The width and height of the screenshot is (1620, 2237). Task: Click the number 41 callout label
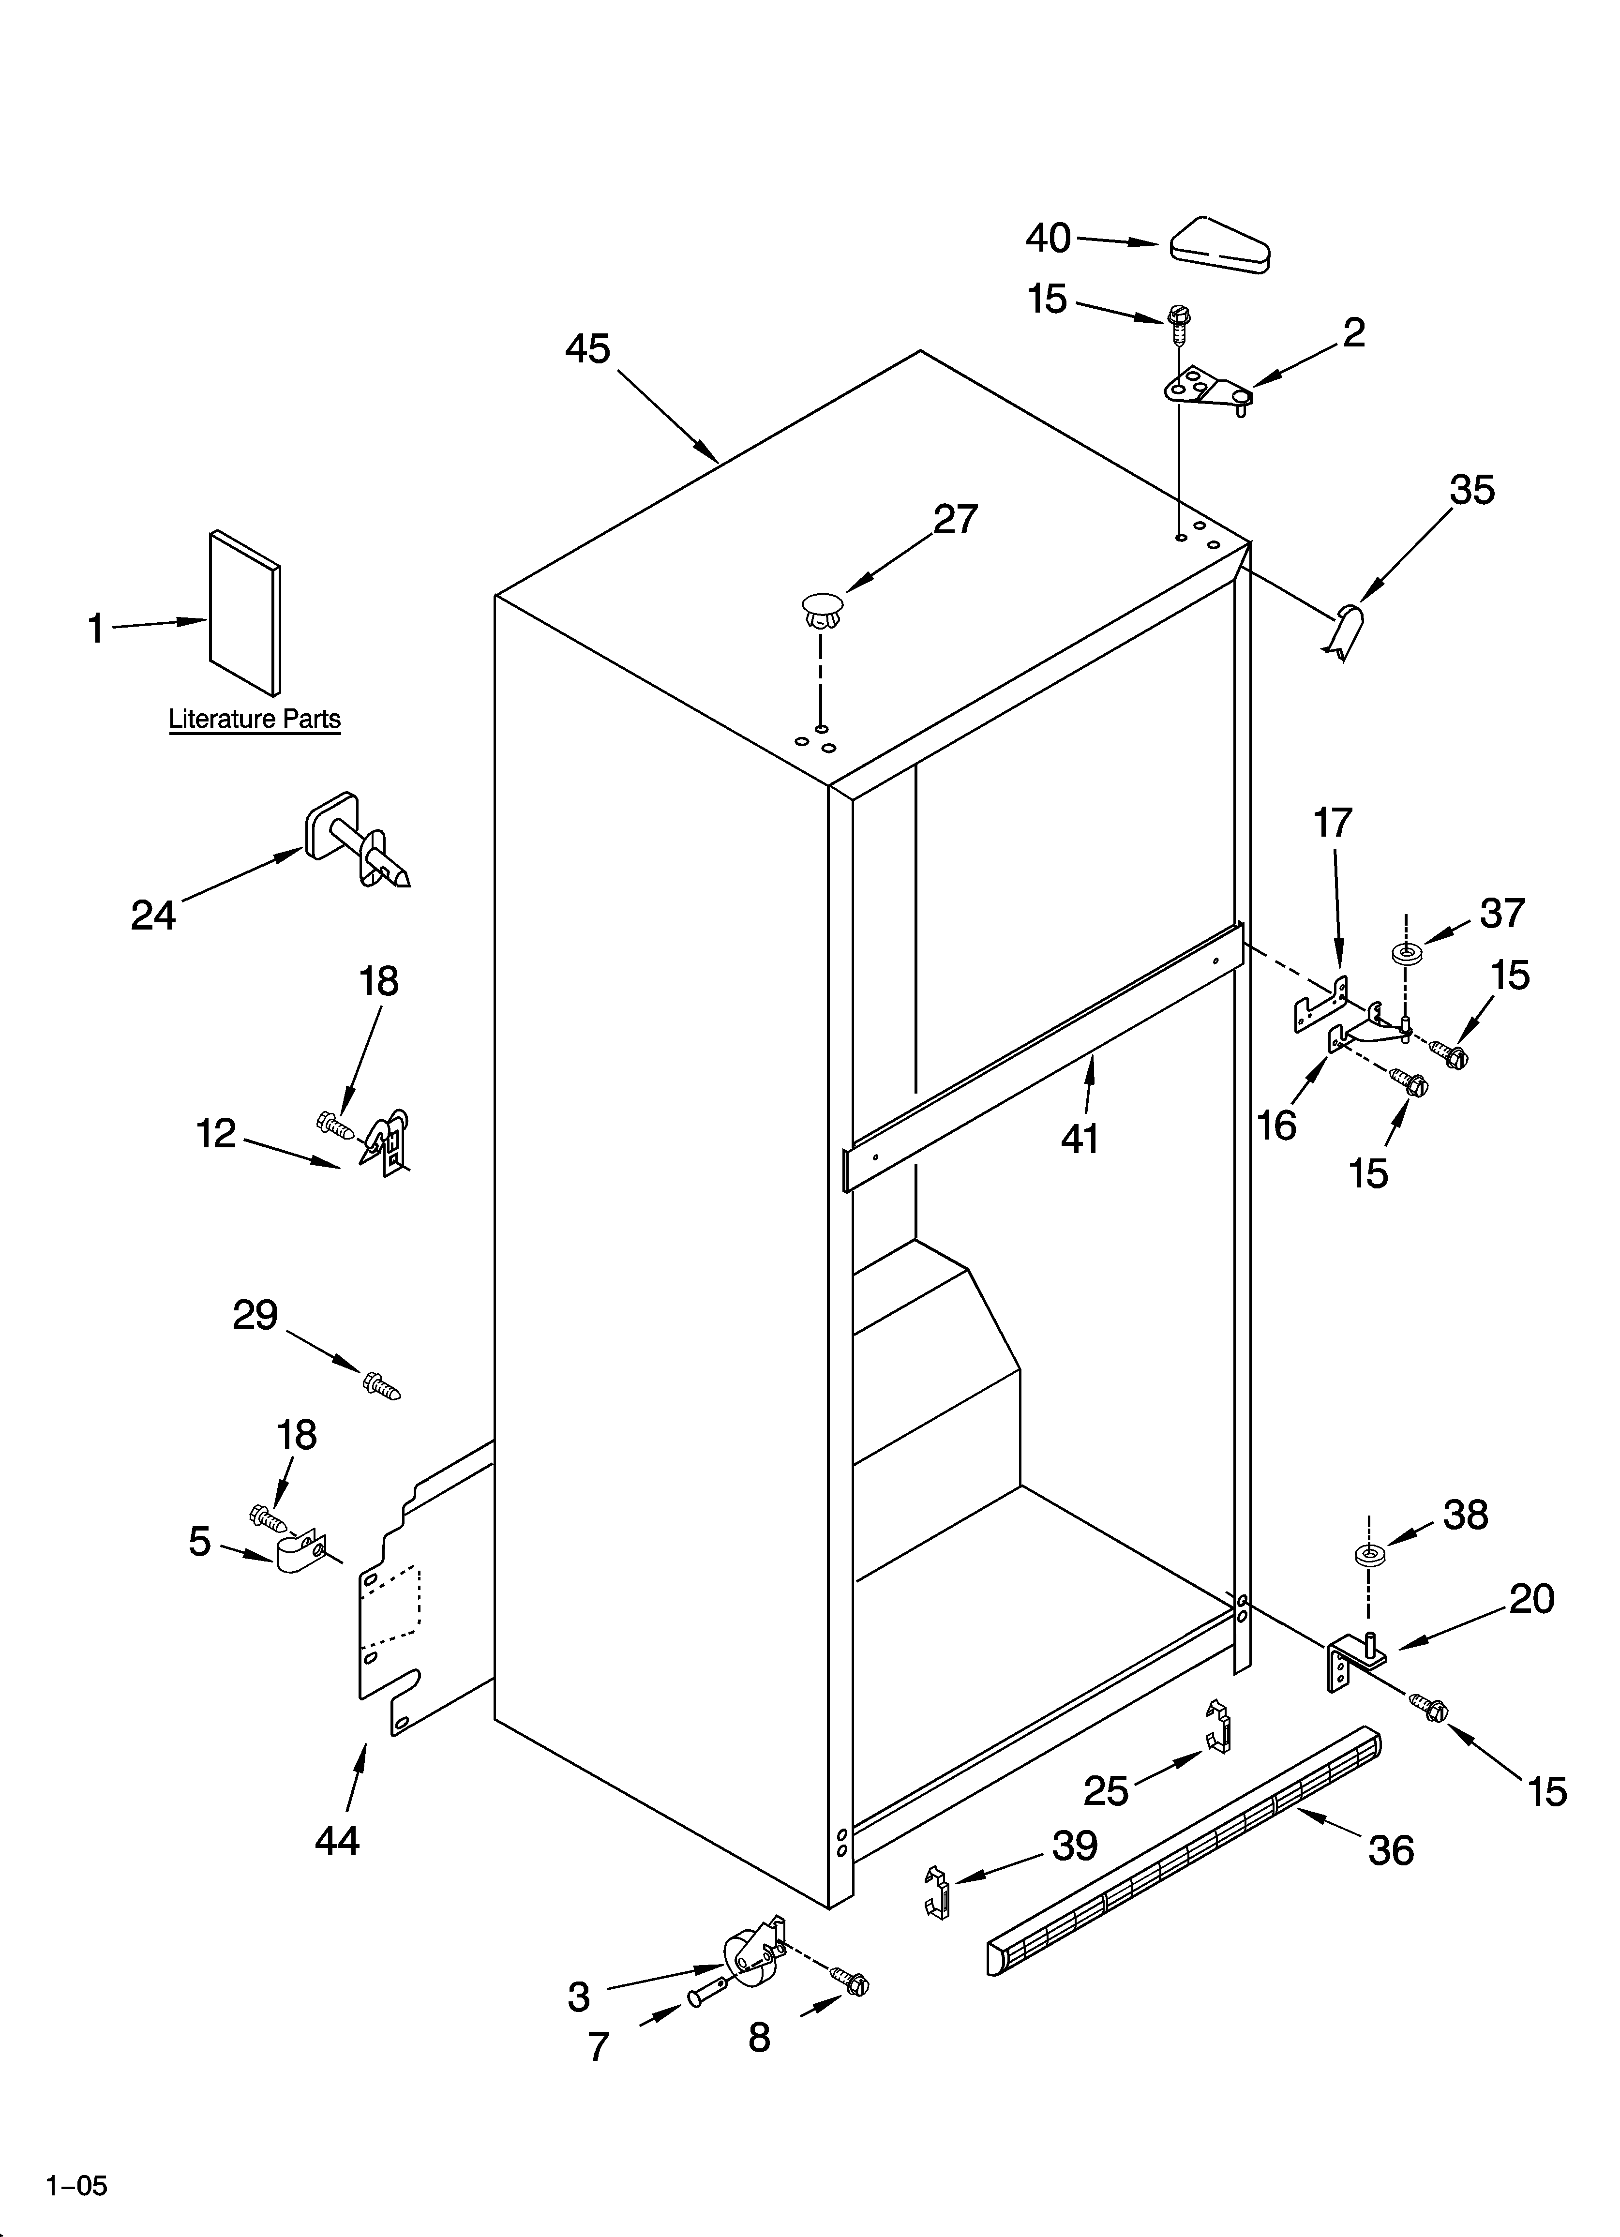(1080, 1139)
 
